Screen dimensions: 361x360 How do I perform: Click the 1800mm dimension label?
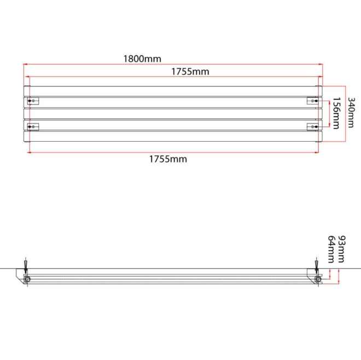coord(142,59)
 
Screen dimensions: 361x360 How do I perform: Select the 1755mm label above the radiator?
coord(190,72)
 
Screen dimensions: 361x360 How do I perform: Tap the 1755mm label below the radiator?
coord(168,159)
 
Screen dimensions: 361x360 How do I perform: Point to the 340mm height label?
coord(351,112)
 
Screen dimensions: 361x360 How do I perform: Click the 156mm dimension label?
coord(336,113)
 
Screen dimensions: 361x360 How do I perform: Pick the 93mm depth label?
coord(341,249)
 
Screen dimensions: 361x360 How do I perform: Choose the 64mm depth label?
coord(331,249)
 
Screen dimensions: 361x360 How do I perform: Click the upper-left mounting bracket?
coord(33,101)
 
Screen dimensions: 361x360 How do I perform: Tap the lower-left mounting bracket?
coord(33,127)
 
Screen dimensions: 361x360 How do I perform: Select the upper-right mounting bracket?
coord(313,101)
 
